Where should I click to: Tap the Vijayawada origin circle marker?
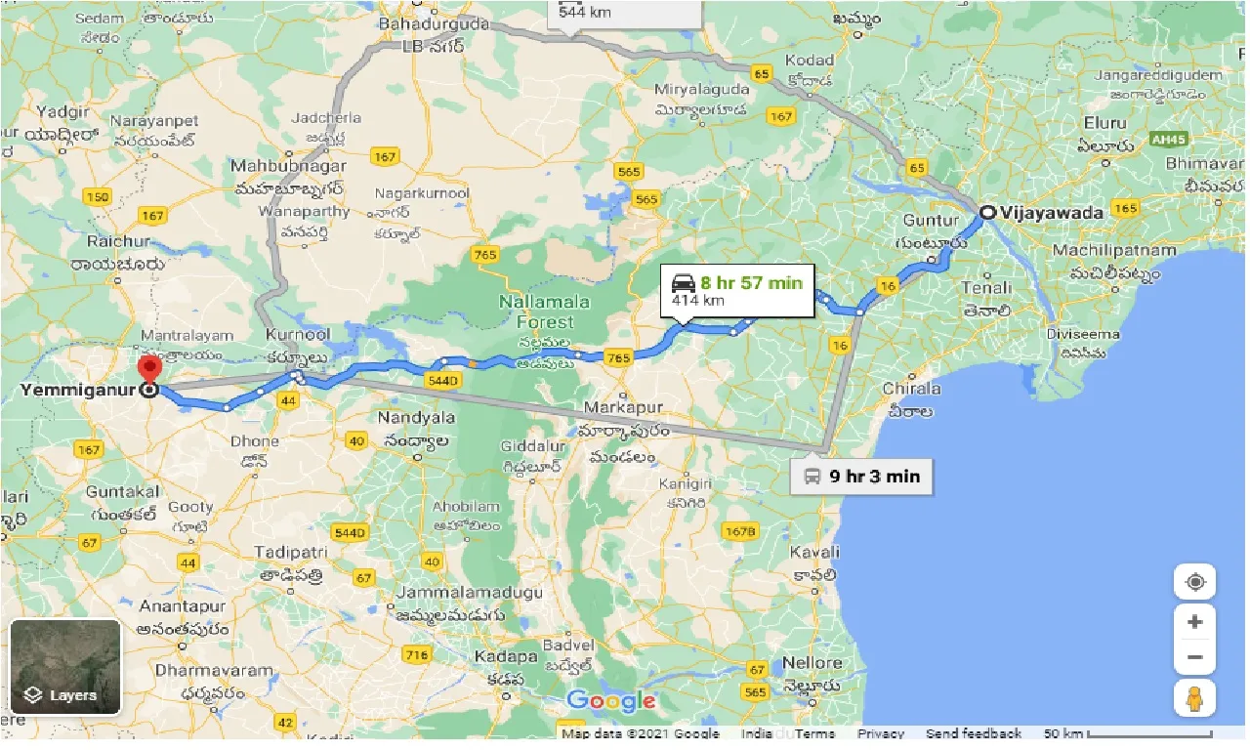[988, 212]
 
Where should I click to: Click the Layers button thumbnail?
[65, 667]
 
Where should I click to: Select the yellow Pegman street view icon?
[1194, 698]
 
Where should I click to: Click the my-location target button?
[1194, 583]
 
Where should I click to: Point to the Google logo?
[610, 700]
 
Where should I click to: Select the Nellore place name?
[811, 663]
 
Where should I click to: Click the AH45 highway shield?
[1168, 140]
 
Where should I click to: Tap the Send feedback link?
[973, 733]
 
